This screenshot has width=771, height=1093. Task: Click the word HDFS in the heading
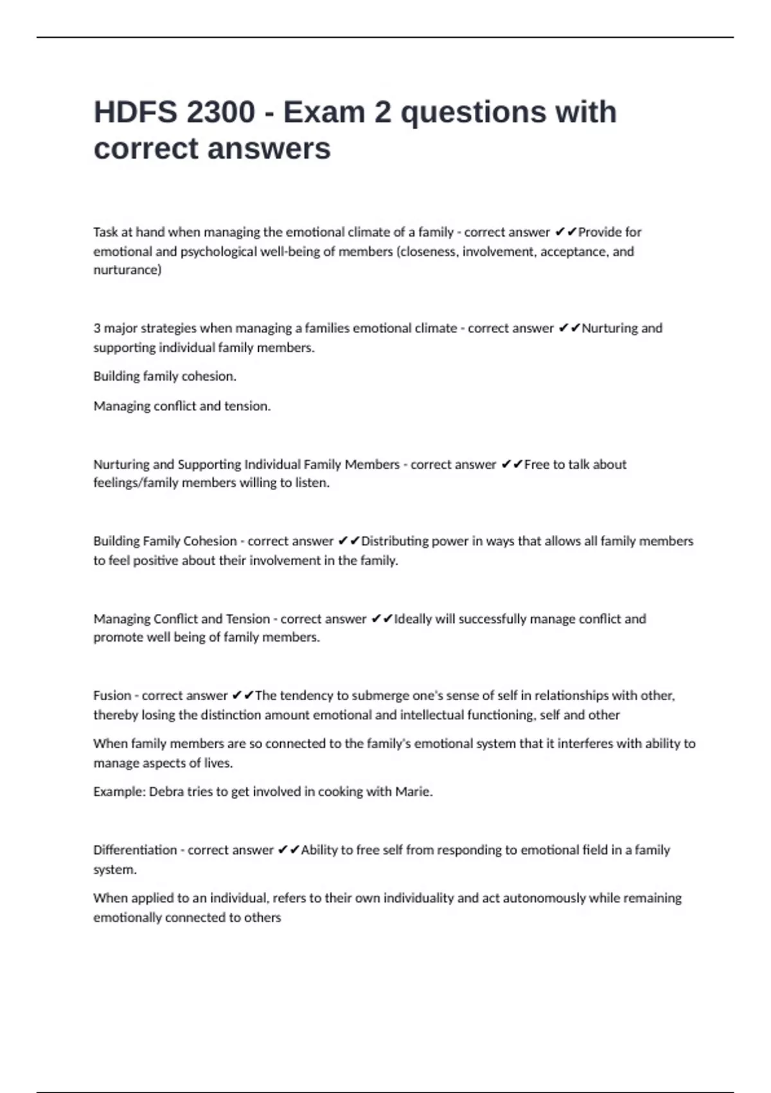coord(135,113)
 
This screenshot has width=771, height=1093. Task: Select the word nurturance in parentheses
coord(127,270)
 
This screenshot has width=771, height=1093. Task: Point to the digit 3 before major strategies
coord(97,329)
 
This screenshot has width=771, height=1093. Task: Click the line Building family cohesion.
coord(164,376)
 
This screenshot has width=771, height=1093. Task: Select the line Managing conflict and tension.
coord(182,406)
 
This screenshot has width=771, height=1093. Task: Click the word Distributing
coord(394,541)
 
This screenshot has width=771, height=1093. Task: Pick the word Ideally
coord(412,619)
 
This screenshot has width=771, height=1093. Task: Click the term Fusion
coord(112,696)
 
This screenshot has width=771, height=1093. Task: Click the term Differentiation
coord(135,850)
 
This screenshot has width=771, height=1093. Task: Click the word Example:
coord(120,791)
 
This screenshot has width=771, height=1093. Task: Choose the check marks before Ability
coord(288,850)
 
